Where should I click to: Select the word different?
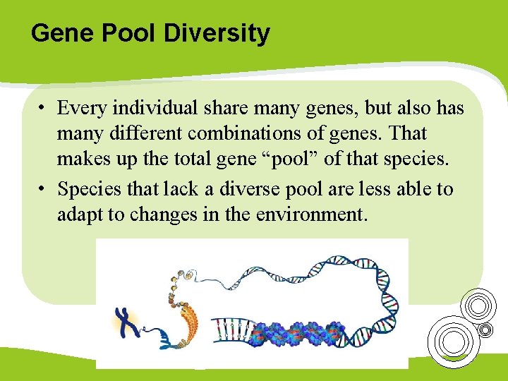point(142,133)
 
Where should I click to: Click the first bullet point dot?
point(43,108)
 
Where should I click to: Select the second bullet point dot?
point(43,189)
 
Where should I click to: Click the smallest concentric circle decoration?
point(485,329)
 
